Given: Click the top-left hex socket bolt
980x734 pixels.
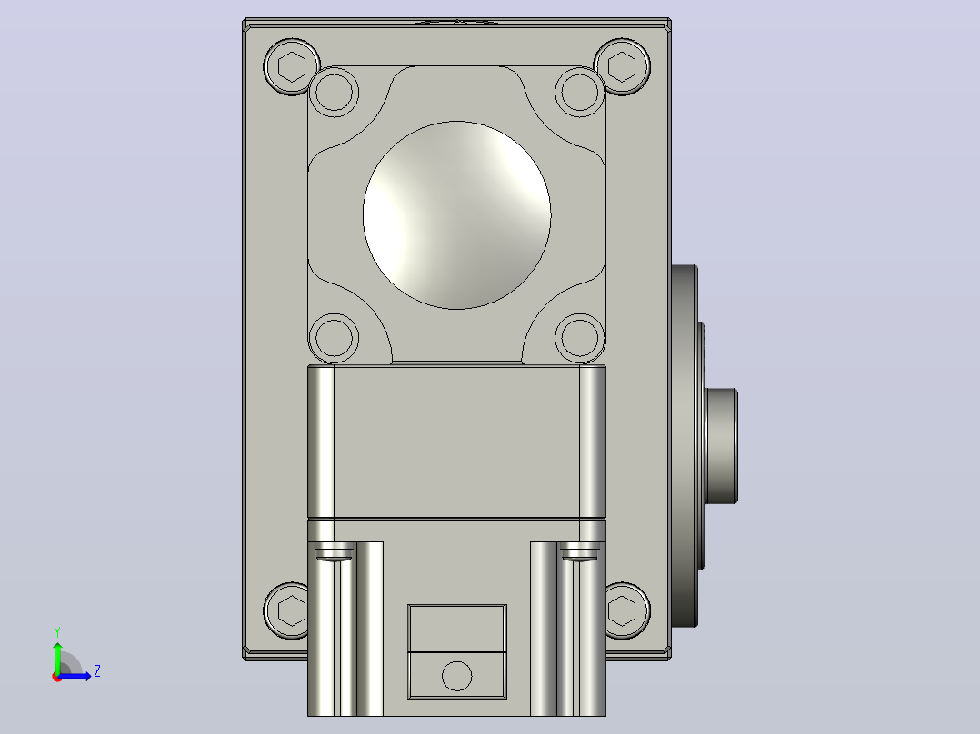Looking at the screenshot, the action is [291, 66].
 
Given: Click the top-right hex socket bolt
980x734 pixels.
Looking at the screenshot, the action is [621, 66].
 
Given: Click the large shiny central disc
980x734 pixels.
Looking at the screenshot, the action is [457, 215].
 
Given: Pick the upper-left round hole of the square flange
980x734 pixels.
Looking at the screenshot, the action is [334, 92].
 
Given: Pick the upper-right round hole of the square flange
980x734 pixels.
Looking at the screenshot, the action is [579, 92].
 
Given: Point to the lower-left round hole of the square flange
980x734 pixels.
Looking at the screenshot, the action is [334, 338].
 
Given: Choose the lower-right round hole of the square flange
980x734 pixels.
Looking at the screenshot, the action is [579, 338].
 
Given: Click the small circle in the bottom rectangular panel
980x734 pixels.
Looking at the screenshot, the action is [457, 676].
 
